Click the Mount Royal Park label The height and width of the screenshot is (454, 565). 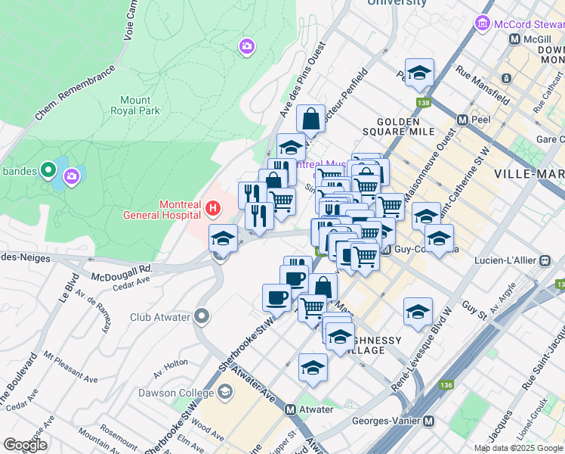140,105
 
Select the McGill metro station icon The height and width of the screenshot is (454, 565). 514,39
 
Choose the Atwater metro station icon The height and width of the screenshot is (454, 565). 290,409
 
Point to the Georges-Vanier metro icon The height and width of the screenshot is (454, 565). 429,421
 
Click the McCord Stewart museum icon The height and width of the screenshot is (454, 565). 483,23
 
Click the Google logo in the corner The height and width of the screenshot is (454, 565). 25,445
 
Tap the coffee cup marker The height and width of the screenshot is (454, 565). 276,297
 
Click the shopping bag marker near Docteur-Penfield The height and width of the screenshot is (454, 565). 310,118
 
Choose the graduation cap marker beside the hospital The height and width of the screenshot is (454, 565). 223,238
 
